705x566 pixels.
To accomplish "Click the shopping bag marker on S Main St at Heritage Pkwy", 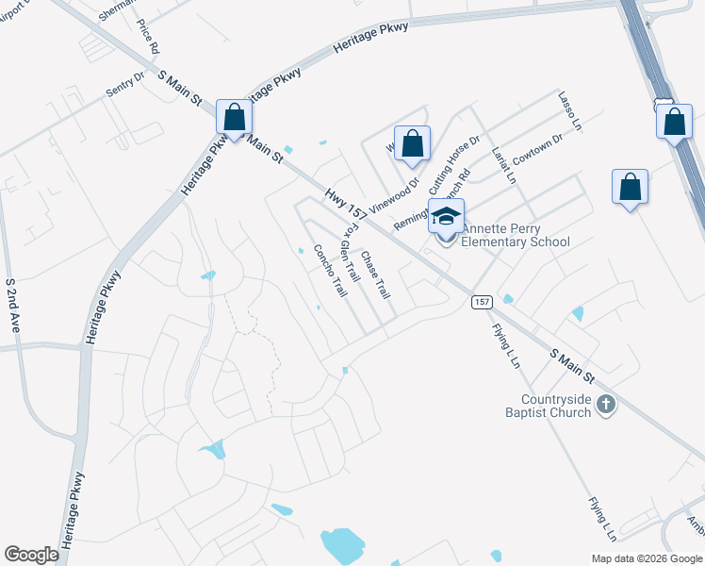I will tap(235, 118).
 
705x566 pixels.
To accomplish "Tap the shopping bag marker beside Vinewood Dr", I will tap(412, 143).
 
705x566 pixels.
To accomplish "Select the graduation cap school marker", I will tap(447, 217).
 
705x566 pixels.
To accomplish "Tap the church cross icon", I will tap(606, 406).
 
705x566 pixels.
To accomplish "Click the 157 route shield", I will tap(482, 302).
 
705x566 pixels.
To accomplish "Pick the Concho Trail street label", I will tap(331, 271).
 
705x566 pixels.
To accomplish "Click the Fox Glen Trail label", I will tap(350, 253).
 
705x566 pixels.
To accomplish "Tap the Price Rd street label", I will tap(148, 35).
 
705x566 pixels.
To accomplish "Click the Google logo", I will tap(31, 554).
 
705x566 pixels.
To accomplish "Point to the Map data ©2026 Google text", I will tap(646, 558).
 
